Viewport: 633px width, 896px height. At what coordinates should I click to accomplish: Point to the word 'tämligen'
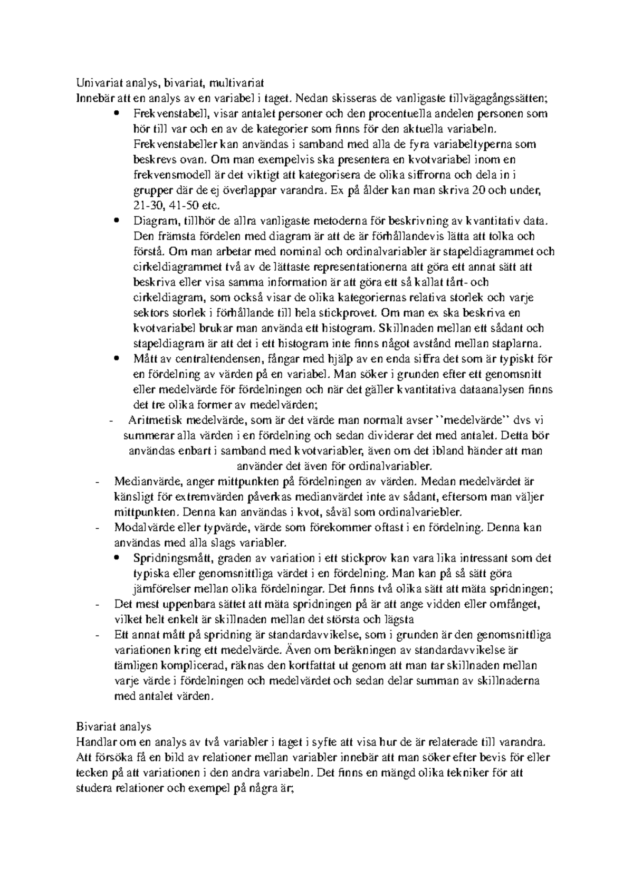click(x=134, y=665)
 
